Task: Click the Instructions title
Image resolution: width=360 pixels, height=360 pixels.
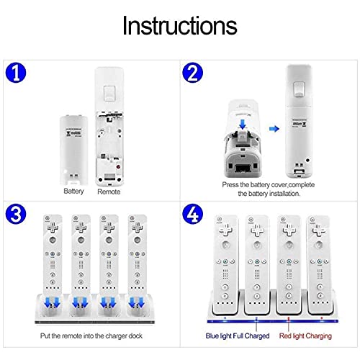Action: (x=180, y=26)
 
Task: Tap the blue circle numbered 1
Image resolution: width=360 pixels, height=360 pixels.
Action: (x=16, y=73)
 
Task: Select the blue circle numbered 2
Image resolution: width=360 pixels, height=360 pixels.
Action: (x=192, y=73)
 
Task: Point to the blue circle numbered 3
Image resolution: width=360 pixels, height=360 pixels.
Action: (x=16, y=214)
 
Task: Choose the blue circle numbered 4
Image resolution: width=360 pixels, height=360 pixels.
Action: (x=192, y=213)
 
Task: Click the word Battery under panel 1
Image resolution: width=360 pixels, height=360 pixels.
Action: (x=73, y=192)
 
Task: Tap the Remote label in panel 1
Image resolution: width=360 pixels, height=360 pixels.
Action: (x=109, y=192)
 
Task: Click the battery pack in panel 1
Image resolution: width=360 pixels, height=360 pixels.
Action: (x=73, y=150)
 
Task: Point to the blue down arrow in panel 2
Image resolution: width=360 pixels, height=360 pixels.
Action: (x=243, y=125)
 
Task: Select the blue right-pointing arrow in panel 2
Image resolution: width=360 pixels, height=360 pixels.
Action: (x=274, y=129)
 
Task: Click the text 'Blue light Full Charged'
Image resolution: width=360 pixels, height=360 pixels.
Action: (x=238, y=336)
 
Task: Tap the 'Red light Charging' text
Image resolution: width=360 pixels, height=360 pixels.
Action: (x=305, y=336)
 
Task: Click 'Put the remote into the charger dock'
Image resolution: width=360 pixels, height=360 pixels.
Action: (x=91, y=336)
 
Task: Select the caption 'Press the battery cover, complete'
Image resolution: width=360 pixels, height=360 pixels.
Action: (x=269, y=185)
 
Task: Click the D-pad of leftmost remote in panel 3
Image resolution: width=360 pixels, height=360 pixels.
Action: (x=53, y=227)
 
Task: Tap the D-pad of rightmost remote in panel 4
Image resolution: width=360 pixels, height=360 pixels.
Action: (x=319, y=230)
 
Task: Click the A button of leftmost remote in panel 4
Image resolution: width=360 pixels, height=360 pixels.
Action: (x=225, y=245)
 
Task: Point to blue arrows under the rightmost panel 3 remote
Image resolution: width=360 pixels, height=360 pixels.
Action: (x=137, y=302)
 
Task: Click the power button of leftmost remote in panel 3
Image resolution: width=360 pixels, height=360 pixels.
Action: (x=48, y=218)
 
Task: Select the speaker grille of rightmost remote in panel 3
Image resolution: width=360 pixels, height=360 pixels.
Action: (x=137, y=264)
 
